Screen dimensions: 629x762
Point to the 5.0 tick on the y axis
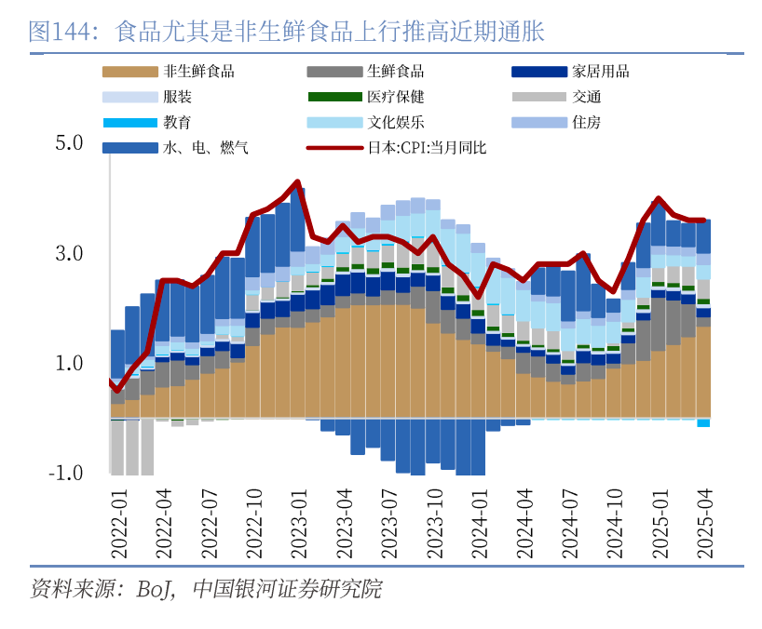pos(69,143)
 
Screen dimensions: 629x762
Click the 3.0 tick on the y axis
pos(69,253)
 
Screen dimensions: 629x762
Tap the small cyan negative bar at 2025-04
pos(703,423)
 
